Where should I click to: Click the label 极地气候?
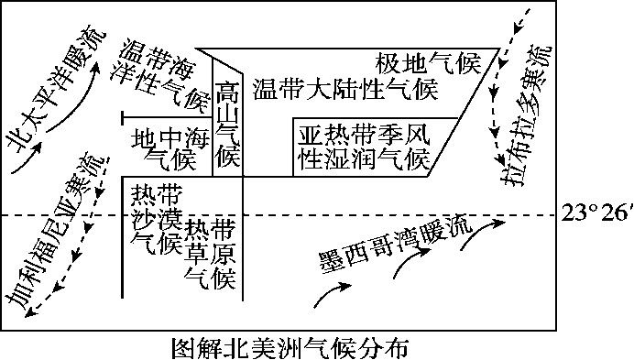428,63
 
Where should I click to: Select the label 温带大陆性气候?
344,89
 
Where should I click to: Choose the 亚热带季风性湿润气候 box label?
364,147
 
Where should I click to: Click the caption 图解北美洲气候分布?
290,348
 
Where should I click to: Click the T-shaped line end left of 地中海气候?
124,116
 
